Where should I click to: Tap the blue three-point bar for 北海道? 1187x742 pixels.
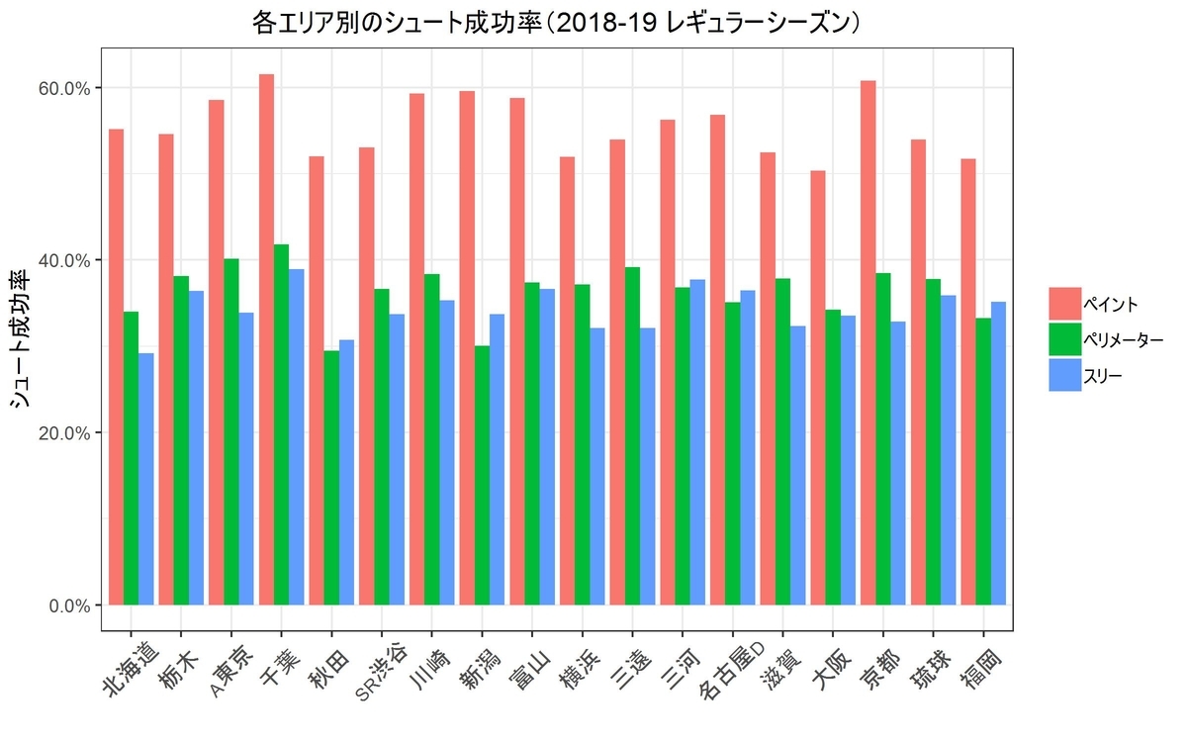[x=146, y=479]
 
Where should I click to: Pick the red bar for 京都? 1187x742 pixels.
[x=867, y=342]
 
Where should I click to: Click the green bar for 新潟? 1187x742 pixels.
[x=482, y=475]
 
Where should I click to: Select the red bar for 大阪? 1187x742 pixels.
[x=818, y=387]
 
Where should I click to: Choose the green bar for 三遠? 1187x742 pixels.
[x=632, y=435]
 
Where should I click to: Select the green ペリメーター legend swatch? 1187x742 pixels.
[x=1065, y=339]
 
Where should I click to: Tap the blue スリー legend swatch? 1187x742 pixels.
[x=1065, y=375]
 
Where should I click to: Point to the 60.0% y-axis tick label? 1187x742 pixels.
[x=69, y=88]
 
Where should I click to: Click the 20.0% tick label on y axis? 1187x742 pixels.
[x=69, y=432]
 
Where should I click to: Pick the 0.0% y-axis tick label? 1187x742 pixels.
[x=73, y=605]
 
